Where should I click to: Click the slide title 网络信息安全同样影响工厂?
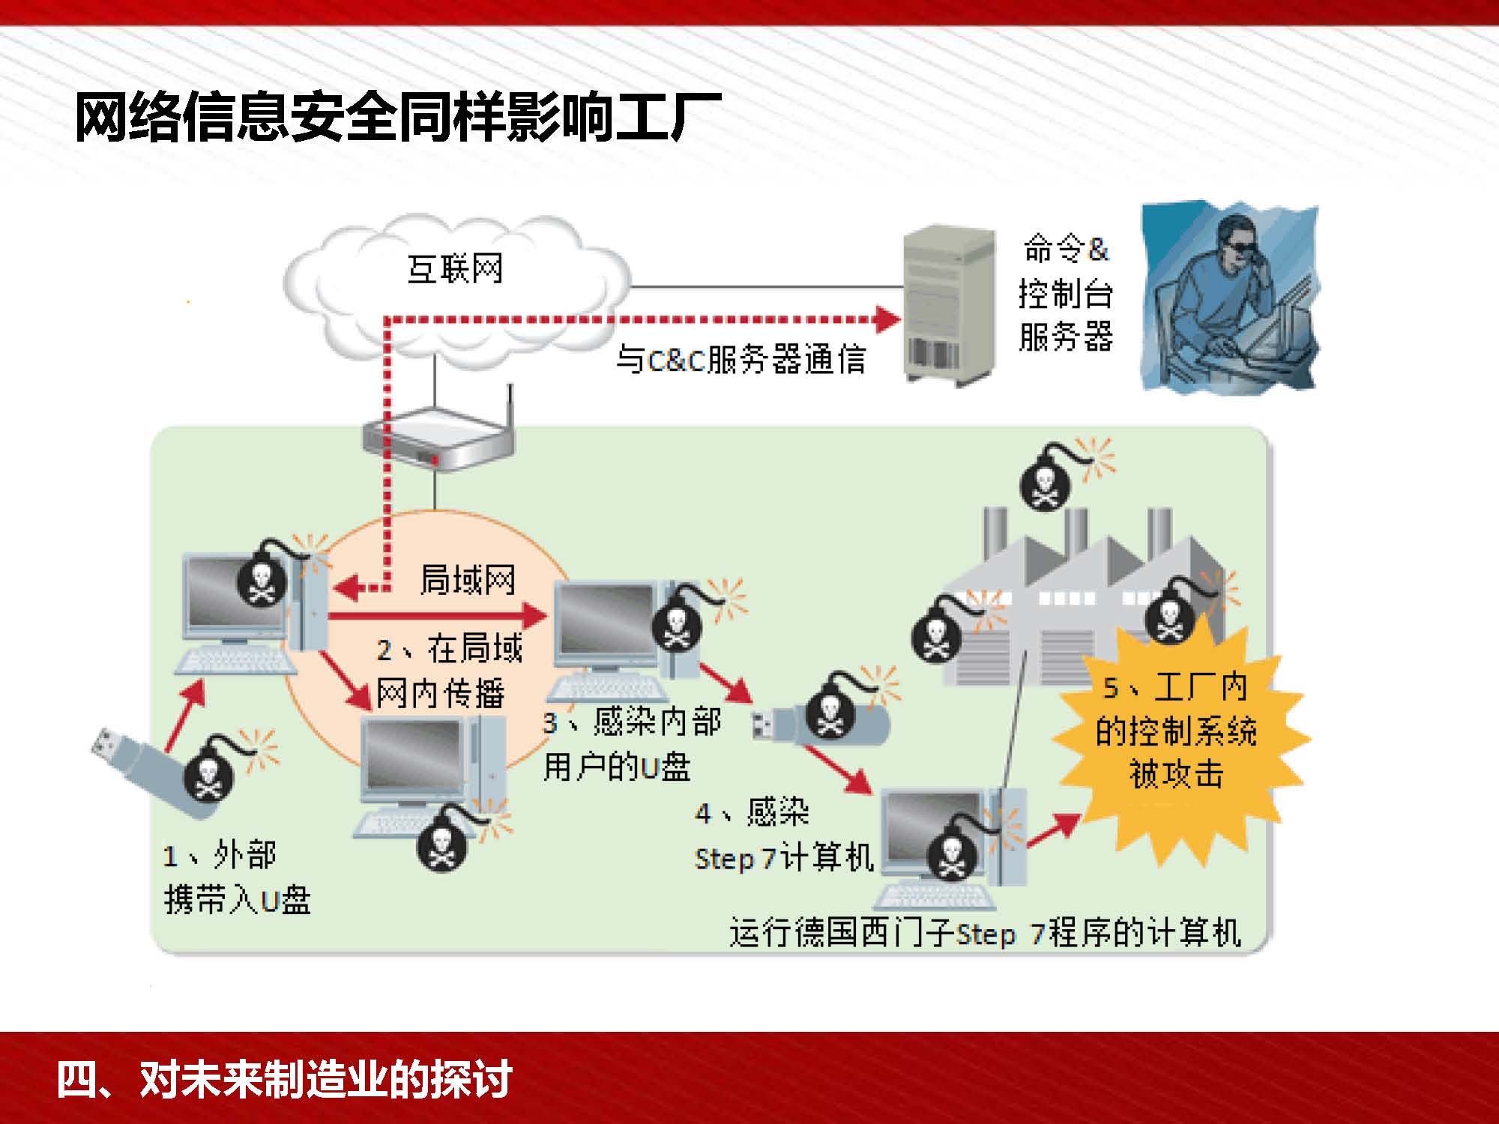click(x=397, y=118)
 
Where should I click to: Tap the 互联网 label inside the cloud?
click(x=455, y=269)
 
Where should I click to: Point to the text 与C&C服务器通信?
click(x=741, y=360)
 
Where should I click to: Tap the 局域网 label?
click(x=468, y=580)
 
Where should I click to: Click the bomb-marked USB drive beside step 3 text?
click(x=821, y=719)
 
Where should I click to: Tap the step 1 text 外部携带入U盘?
click(x=236, y=877)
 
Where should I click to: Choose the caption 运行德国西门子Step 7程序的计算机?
click(x=985, y=933)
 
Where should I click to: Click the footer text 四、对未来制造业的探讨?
click(x=285, y=1079)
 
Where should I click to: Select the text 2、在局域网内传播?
click(x=447, y=671)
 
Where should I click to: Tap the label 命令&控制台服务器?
click(x=1066, y=293)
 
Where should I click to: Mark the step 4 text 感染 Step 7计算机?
click(x=783, y=836)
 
